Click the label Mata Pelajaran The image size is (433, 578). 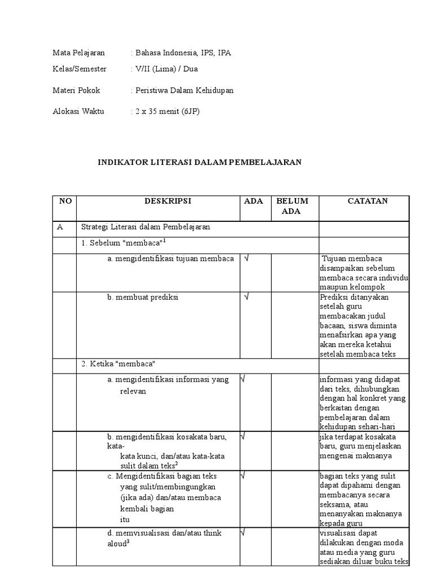pos(79,53)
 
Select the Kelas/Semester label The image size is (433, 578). pos(79,69)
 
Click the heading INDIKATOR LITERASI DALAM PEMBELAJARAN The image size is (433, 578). pos(200,162)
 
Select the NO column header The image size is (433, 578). pos(65,201)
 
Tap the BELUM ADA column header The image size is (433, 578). pos(291,206)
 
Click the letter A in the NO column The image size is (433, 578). pos(60,227)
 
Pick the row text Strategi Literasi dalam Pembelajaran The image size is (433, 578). pos(145,227)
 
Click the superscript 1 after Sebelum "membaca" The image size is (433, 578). pos(165,240)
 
